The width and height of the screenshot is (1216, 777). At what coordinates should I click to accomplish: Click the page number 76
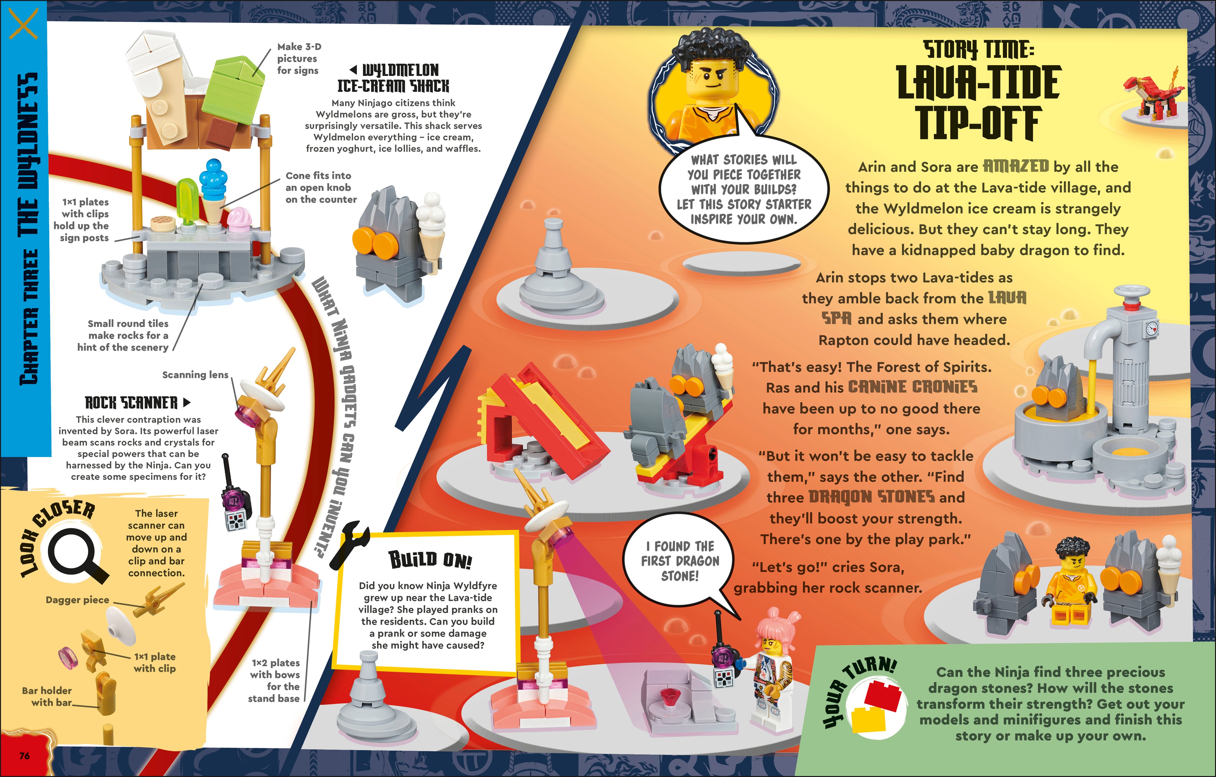tap(24, 756)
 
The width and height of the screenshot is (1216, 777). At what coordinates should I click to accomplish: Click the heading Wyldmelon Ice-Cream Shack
tap(393, 78)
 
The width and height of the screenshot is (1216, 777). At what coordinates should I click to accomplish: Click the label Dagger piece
tap(77, 600)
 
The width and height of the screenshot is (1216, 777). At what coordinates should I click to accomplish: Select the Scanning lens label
tap(195, 375)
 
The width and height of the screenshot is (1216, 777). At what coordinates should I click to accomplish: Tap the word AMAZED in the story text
tap(1016, 166)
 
